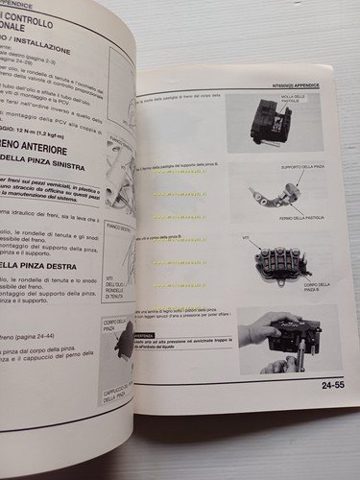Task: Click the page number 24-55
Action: tap(326, 387)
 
